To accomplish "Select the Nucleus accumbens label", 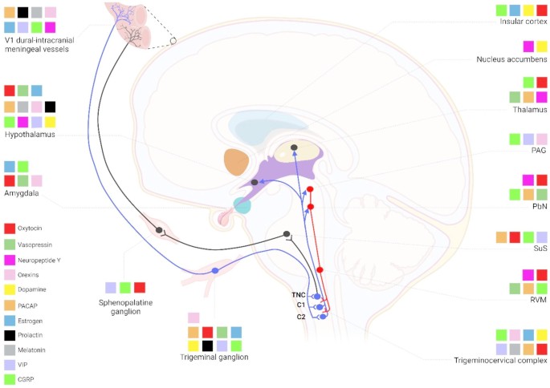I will pyautogui.click(x=511, y=59).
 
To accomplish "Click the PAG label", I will pyautogui.click(x=538, y=150).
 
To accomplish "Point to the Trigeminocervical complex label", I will pyautogui.click(x=499, y=361).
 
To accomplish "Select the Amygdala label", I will pyautogui.click(x=22, y=193).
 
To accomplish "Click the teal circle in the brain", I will pyautogui.click(x=242, y=204).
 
